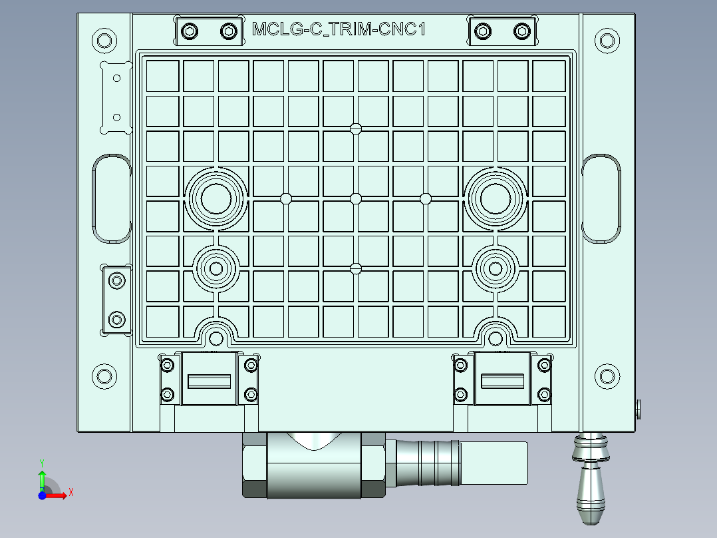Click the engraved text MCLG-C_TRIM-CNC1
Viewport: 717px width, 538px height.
pyautogui.click(x=339, y=30)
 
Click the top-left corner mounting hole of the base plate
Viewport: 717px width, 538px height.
pyautogui.click(x=103, y=40)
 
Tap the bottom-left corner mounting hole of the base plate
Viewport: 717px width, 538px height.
pyautogui.click(x=103, y=375)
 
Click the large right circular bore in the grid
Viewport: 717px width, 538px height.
pyautogui.click(x=496, y=198)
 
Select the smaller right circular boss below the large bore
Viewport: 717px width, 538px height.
pyautogui.click(x=496, y=268)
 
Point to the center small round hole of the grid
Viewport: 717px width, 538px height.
pyautogui.click(x=356, y=198)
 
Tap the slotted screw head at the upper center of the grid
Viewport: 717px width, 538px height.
pyautogui.click(x=356, y=129)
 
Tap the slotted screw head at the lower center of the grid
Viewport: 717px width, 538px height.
pyautogui.click(x=356, y=268)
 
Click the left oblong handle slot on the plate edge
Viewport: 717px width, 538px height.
pyautogui.click(x=111, y=198)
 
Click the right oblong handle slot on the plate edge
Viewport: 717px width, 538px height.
pyautogui.click(x=601, y=198)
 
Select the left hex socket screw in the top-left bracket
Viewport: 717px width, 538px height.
pyautogui.click(x=190, y=31)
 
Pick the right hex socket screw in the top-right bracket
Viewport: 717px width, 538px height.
pyautogui.click(x=522, y=31)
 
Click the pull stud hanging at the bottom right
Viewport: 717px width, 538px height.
pyautogui.click(x=590, y=479)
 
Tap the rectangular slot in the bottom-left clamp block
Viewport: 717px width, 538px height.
pyautogui.click(x=210, y=381)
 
